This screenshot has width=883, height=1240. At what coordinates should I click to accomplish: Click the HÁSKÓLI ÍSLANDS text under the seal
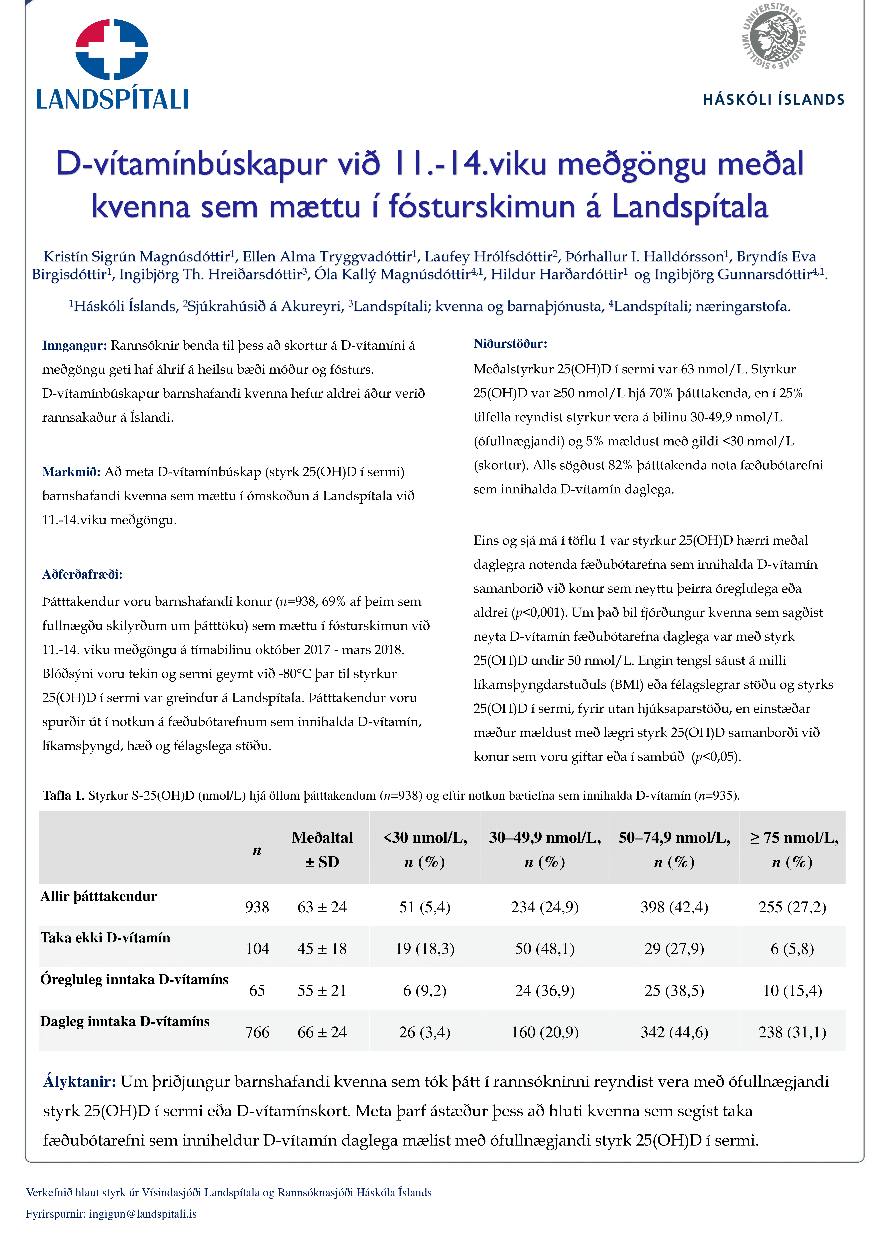(774, 99)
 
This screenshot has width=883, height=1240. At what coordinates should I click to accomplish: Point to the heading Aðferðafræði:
(83, 574)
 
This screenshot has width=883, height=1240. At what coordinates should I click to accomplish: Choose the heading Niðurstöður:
(510, 343)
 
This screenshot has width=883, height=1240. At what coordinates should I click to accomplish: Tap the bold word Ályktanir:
(79, 1081)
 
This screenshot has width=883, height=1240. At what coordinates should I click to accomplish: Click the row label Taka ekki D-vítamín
(105, 938)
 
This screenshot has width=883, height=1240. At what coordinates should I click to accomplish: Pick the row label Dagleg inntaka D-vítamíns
(125, 1022)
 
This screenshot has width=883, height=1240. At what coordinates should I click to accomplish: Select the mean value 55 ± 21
(322, 991)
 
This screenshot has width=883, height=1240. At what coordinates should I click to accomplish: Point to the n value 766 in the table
(257, 1032)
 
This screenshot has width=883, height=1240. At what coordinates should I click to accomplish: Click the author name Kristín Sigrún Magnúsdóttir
(136, 256)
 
